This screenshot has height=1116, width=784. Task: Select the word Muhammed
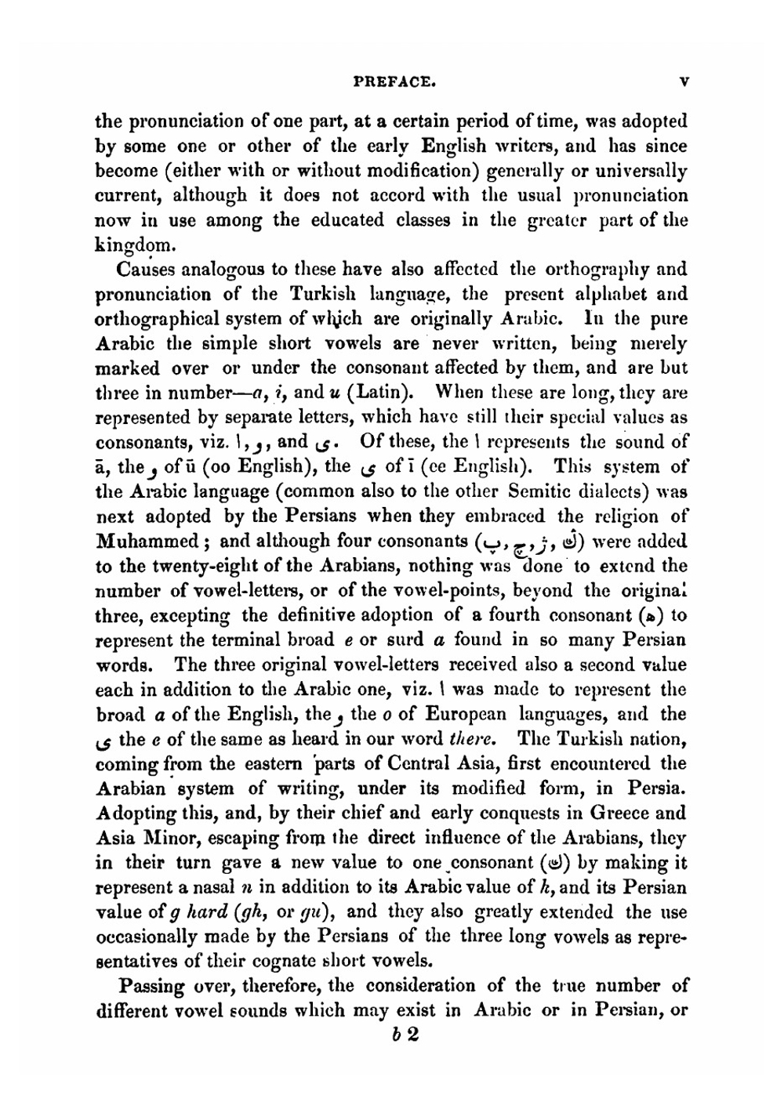point(146,542)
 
